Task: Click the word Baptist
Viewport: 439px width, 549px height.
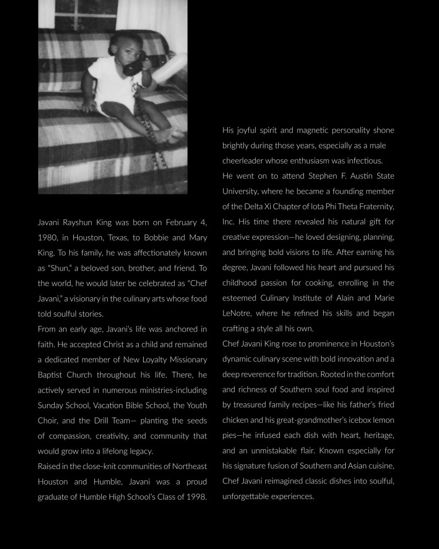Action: tap(50, 375)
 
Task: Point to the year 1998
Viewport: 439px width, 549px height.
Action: tap(196, 496)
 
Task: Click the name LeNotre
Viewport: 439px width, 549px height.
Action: tap(237, 313)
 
